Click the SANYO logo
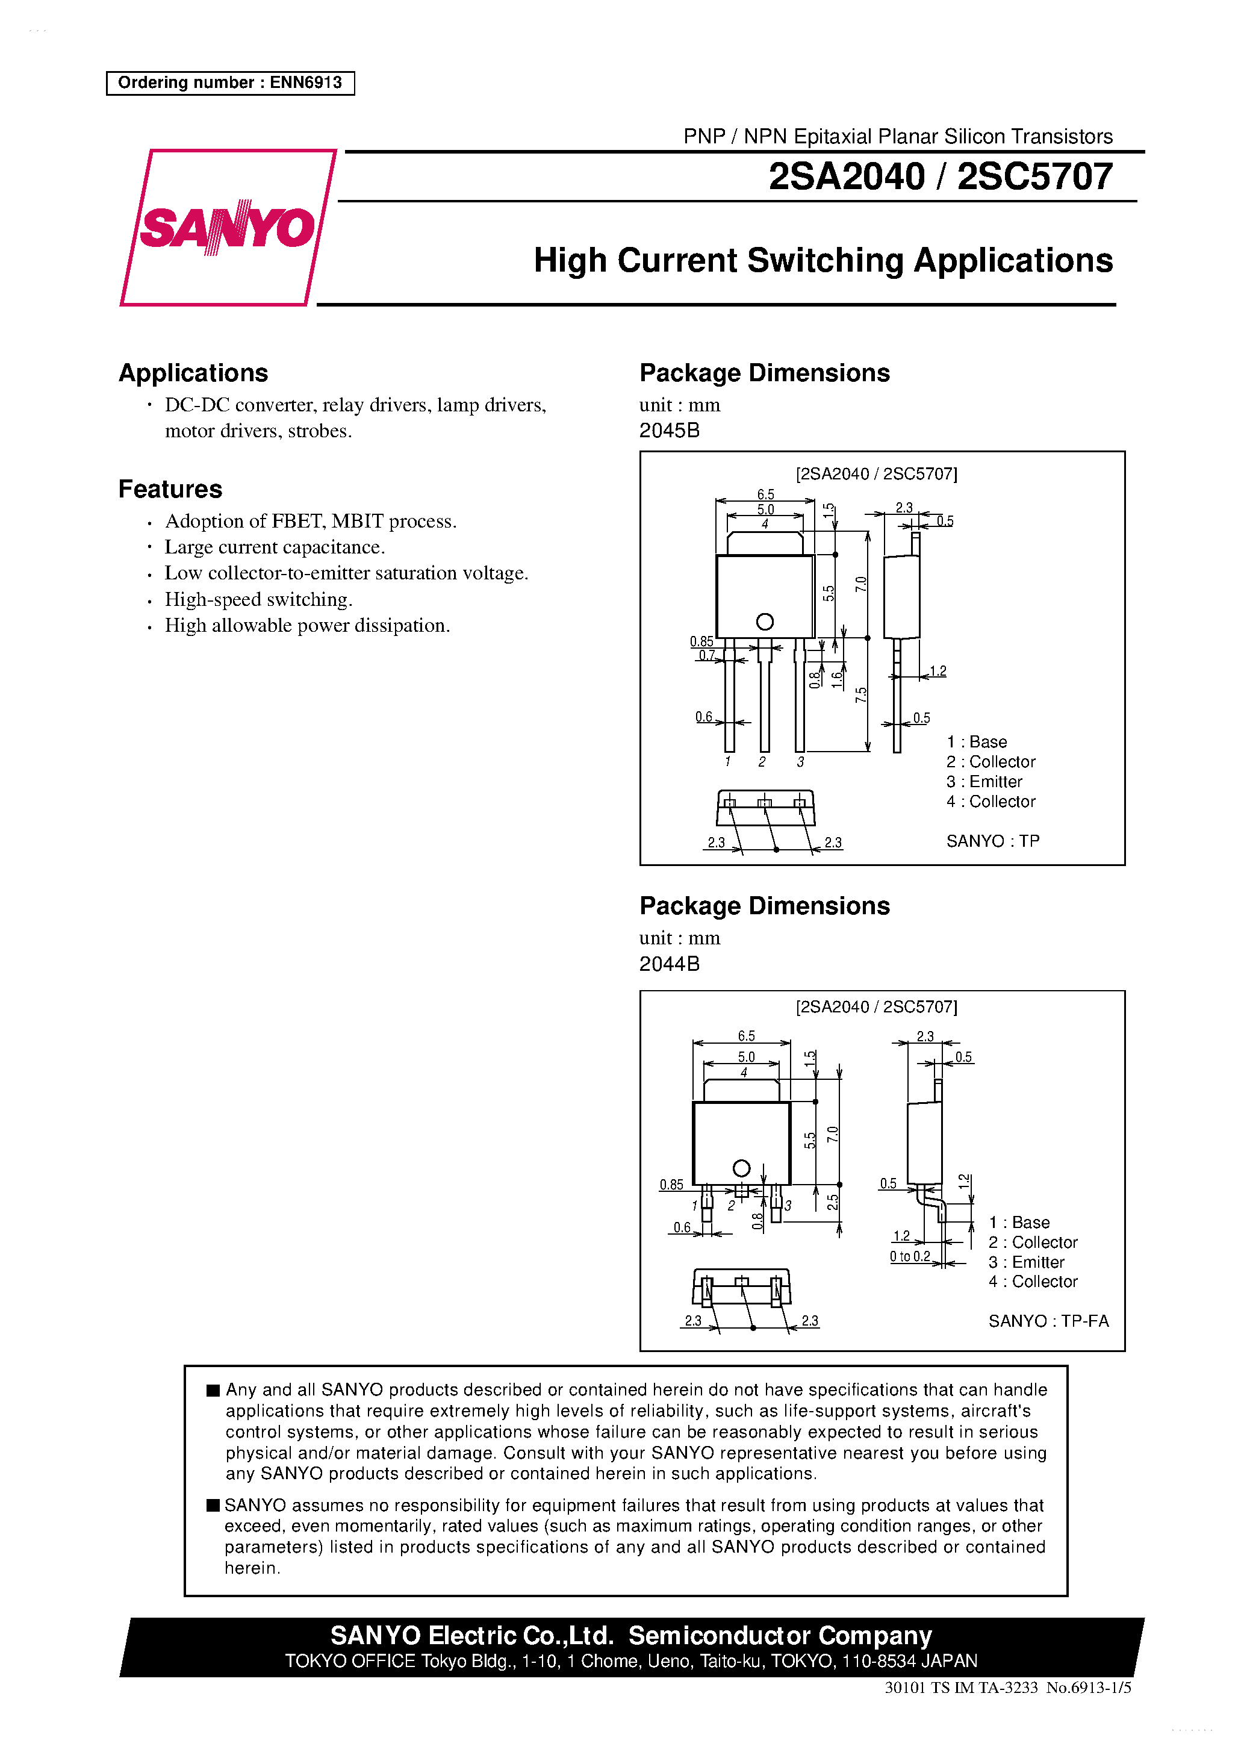click(x=227, y=228)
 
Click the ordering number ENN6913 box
click(x=230, y=83)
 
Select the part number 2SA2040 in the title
click(x=846, y=177)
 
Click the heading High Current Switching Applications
click(x=823, y=261)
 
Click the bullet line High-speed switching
click(x=258, y=599)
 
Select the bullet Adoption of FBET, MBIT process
click(x=311, y=522)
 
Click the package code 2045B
click(x=669, y=430)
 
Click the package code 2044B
click(x=669, y=964)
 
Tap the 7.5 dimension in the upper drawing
click(x=860, y=695)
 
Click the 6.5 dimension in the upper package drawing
click(x=765, y=494)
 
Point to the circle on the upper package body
click(x=764, y=622)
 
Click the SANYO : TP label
click(x=992, y=841)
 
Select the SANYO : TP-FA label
click(x=1048, y=1321)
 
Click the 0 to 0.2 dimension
click(x=910, y=1256)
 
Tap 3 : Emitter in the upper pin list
click(x=984, y=782)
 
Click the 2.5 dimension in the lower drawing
click(x=833, y=1202)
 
